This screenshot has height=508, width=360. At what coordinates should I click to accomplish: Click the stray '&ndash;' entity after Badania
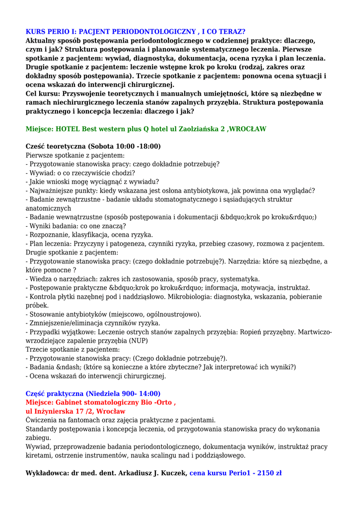click(69, 367)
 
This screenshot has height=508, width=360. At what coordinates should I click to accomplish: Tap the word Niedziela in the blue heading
click(108, 393)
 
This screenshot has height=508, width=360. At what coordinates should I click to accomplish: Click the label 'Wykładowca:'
click(47, 473)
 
